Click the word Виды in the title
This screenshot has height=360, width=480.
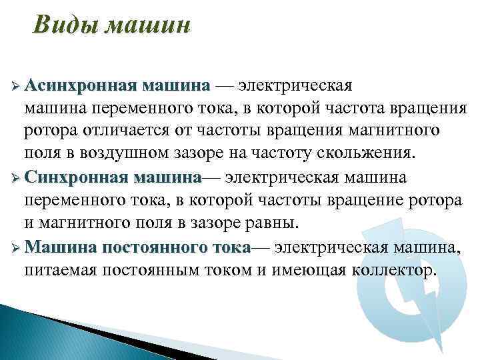pos(58,26)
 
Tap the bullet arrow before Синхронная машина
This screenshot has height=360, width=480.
pos(15,179)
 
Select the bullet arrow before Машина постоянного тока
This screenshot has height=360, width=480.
pos(15,248)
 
